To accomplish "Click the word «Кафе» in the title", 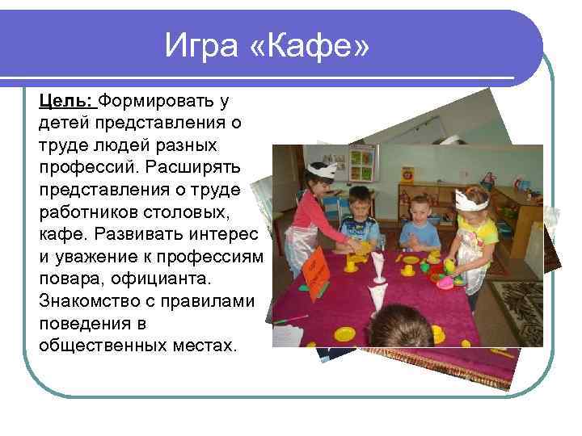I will click(x=318, y=47).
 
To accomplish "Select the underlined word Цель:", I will click(x=67, y=101).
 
